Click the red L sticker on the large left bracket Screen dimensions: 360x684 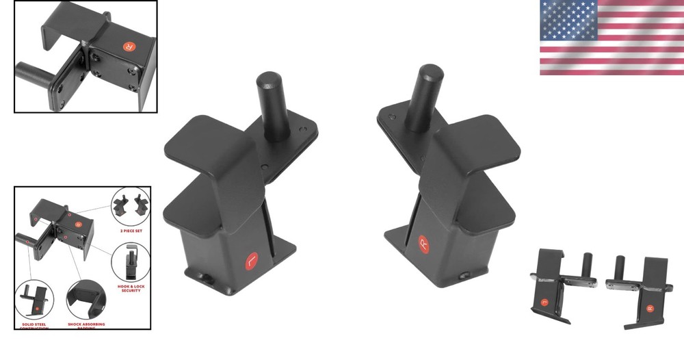(x=251, y=261)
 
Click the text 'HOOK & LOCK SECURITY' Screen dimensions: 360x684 (x=130, y=287)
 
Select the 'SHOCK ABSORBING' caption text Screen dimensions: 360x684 (x=86, y=324)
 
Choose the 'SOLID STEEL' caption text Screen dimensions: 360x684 (x=34, y=324)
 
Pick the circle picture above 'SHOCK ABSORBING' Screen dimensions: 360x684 (x=86, y=300)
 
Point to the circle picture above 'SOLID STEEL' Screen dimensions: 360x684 (x=34, y=300)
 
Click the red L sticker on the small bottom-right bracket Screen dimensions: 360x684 (x=544, y=300)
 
